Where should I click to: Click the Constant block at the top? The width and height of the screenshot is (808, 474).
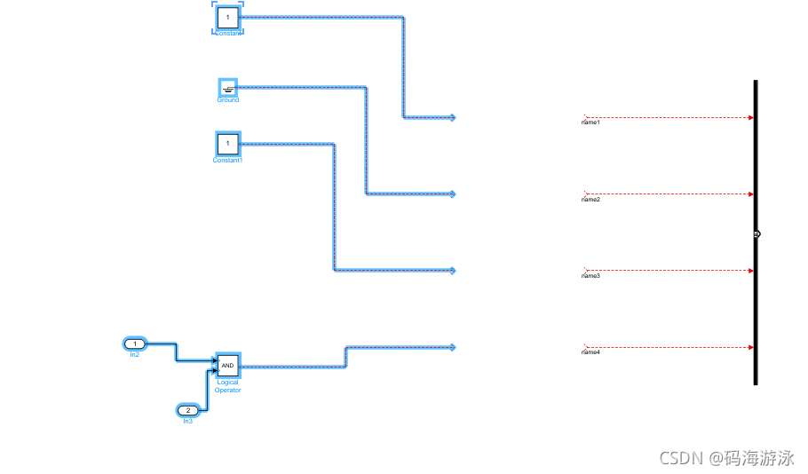pyautogui.click(x=228, y=17)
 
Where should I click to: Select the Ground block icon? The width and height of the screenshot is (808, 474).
pyautogui.click(x=228, y=87)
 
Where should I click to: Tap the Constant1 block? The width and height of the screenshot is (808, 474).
pyautogui.click(x=228, y=143)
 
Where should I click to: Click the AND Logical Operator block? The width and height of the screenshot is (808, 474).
pyautogui.click(x=228, y=365)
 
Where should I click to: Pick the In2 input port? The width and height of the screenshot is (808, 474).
pyautogui.click(x=134, y=344)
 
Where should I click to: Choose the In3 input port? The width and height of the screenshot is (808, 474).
pyautogui.click(x=188, y=410)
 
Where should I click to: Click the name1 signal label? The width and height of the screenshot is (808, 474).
pyautogui.click(x=591, y=122)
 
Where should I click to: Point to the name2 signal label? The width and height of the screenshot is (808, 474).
pyautogui.click(x=591, y=200)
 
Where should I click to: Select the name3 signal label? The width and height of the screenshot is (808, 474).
pyautogui.click(x=591, y=276)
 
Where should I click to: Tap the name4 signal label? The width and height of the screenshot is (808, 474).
pyautogui.click(x=591, y=352)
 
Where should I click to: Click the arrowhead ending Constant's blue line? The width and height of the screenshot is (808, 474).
pyautogui.click(x=452, y=117)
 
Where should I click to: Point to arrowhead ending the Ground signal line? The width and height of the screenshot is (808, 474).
pyautogui.click(x=452, y=194)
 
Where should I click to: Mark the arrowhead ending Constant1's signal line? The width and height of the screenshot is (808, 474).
pyautogui.click(x=452, y=270)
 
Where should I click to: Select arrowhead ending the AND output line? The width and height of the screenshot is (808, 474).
pyautogui.click(x=452, y=347)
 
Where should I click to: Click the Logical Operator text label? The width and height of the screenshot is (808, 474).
pyautogui.click(x=228, y=386)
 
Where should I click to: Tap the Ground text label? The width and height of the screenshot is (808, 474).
pyautogui.click(x=228, y=100)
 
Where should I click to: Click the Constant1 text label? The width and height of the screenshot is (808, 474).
pyautogui.click(x=228, y=160)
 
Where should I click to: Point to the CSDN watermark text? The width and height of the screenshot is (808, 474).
pyautogui.click(x=725, y=458)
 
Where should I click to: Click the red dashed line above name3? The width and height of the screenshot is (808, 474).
pyautogui.click(x=666, y=270)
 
